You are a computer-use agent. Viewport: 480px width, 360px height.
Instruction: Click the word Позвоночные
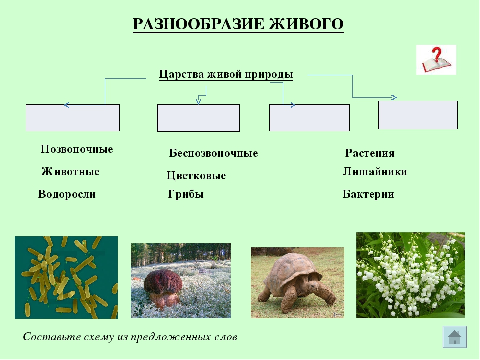click(x=77, y=149)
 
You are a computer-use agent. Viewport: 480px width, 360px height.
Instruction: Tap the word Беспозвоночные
click(x=213, y=153)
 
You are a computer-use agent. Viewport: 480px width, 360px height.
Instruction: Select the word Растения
click(x=370, y=153)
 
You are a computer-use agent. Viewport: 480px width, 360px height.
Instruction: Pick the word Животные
click(x=70, y=171)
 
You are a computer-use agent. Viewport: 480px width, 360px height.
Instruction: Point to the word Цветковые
click(x=196, y=175)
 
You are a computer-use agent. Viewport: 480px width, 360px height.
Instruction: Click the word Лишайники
click(x=375, y=171)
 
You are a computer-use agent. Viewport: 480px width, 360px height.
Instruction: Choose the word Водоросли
click(x=67, y=194)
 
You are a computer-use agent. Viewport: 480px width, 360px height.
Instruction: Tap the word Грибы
click(x=186, y=194)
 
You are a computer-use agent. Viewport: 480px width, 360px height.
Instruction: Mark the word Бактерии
click(x=368, y=194)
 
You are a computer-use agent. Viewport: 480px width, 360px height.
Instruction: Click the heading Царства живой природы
click(x=226, y=74)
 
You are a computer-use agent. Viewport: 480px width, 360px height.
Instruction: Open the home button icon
click(x=455, y=337)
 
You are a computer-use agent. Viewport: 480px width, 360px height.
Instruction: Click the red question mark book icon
click(x=436, y=60)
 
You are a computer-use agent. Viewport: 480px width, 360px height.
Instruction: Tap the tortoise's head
click(x=314, y=287)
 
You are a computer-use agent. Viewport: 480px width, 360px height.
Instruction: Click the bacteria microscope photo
click(x=66, y=277)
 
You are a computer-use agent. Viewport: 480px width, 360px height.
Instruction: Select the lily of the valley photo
click(x=410, y=275)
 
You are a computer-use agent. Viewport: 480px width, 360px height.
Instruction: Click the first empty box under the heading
click(x=73, y=118)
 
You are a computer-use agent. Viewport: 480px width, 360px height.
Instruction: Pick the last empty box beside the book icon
click(x=418, y=115)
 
